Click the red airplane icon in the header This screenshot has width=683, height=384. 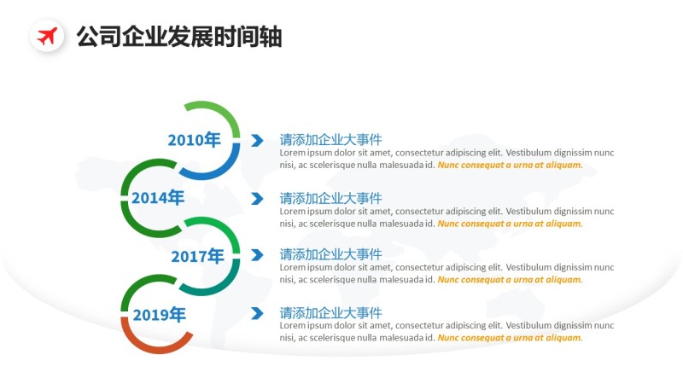tap(48, 37)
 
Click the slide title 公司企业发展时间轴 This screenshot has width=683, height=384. tap(178, 37)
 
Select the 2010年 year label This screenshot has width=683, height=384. tap(194, 140)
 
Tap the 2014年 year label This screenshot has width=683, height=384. tap(158, 198)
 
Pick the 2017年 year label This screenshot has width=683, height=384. tap(197, 255)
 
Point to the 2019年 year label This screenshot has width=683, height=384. tap(159, 314)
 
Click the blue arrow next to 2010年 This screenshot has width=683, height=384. tap(257, 141)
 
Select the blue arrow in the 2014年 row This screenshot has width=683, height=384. tap(257, 199)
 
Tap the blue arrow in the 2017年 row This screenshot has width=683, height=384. tap(257, 255)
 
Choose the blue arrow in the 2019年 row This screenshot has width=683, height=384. tap(257, 314)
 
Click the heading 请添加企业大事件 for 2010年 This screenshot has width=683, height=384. tap(330, 140)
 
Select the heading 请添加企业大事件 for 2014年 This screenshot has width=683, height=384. tap(330, 198)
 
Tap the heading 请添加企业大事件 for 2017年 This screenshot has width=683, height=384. tap(330, 254)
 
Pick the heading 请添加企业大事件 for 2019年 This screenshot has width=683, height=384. tap(330, 312)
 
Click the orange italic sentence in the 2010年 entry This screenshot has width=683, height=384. tap(510, 165)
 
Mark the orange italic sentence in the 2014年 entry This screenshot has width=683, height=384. tap(510, 224)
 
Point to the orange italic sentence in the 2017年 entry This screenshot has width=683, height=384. tap(510, 279)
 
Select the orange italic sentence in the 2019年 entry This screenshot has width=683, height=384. tap(510, 337)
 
